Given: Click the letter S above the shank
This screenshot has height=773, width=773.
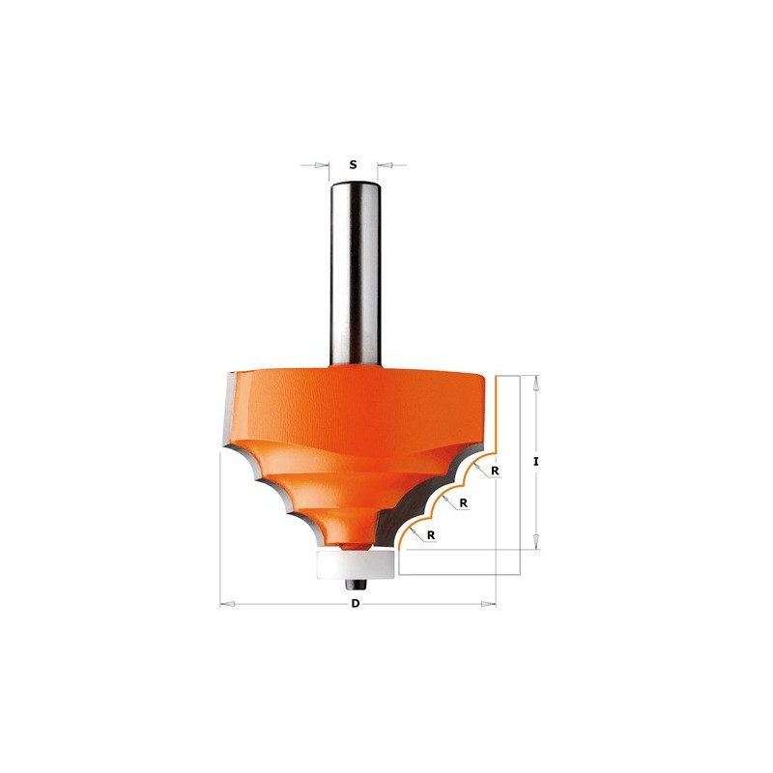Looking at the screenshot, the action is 353,164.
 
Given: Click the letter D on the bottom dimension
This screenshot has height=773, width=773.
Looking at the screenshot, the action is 355,604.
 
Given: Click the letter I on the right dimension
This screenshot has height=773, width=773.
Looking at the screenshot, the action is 536,462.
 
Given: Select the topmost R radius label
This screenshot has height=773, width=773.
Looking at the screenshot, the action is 495,471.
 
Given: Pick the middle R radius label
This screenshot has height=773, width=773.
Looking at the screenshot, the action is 464,503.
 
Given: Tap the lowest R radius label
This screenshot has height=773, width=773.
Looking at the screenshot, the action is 431,535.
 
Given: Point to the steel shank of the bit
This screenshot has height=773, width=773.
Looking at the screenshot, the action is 356,274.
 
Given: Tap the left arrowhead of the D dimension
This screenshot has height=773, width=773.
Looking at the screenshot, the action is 227,604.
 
